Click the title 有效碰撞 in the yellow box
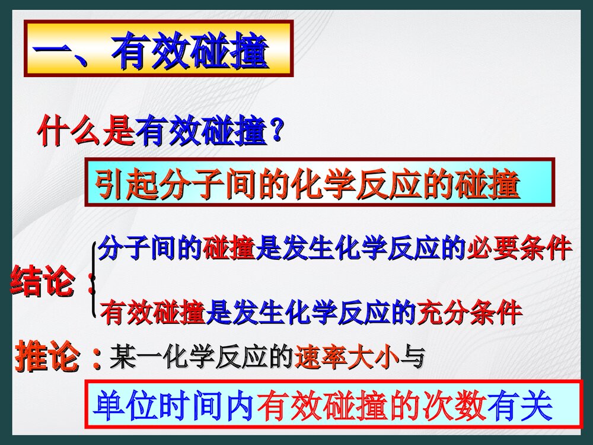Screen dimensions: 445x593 click(x=190, y=50)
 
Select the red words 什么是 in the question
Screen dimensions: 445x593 click(x=86, y=132)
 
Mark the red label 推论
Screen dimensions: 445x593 click(x=47, y=357)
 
